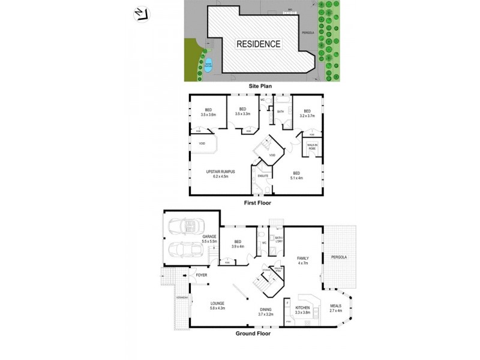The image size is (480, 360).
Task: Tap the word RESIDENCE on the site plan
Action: pos(258,44)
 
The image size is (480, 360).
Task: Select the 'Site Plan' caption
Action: pos(261,86)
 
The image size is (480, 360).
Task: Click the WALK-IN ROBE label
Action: pos(312,146)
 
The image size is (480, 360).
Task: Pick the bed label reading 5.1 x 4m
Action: pos(296,175)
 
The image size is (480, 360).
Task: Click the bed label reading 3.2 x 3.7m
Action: pos(307,113)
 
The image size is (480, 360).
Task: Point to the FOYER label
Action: pos(202,275)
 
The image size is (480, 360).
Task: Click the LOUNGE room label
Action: pos(217,305)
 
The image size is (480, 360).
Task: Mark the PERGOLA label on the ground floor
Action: pos(339,257)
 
